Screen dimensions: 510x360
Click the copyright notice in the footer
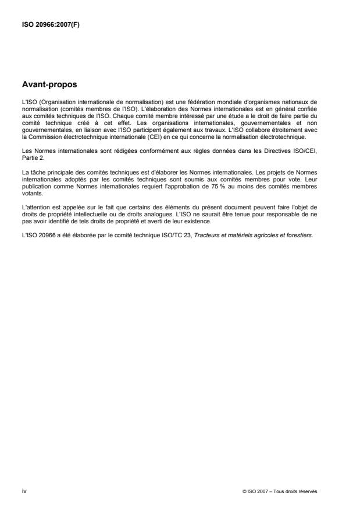point(280,491)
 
